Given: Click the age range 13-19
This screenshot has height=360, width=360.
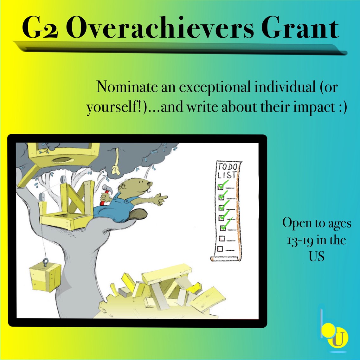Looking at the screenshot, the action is [x=300, y=241].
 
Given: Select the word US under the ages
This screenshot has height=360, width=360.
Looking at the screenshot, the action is [x=317, y=256].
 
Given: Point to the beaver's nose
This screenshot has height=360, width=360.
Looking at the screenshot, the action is [x=150, y=184].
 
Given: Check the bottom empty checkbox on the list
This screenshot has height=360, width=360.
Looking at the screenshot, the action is [x=220, y=249].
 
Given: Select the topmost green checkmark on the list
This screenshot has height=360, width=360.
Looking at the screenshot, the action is [x=223, y=184].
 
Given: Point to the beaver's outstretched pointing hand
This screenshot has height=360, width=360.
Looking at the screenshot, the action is [x=161, y=199].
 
